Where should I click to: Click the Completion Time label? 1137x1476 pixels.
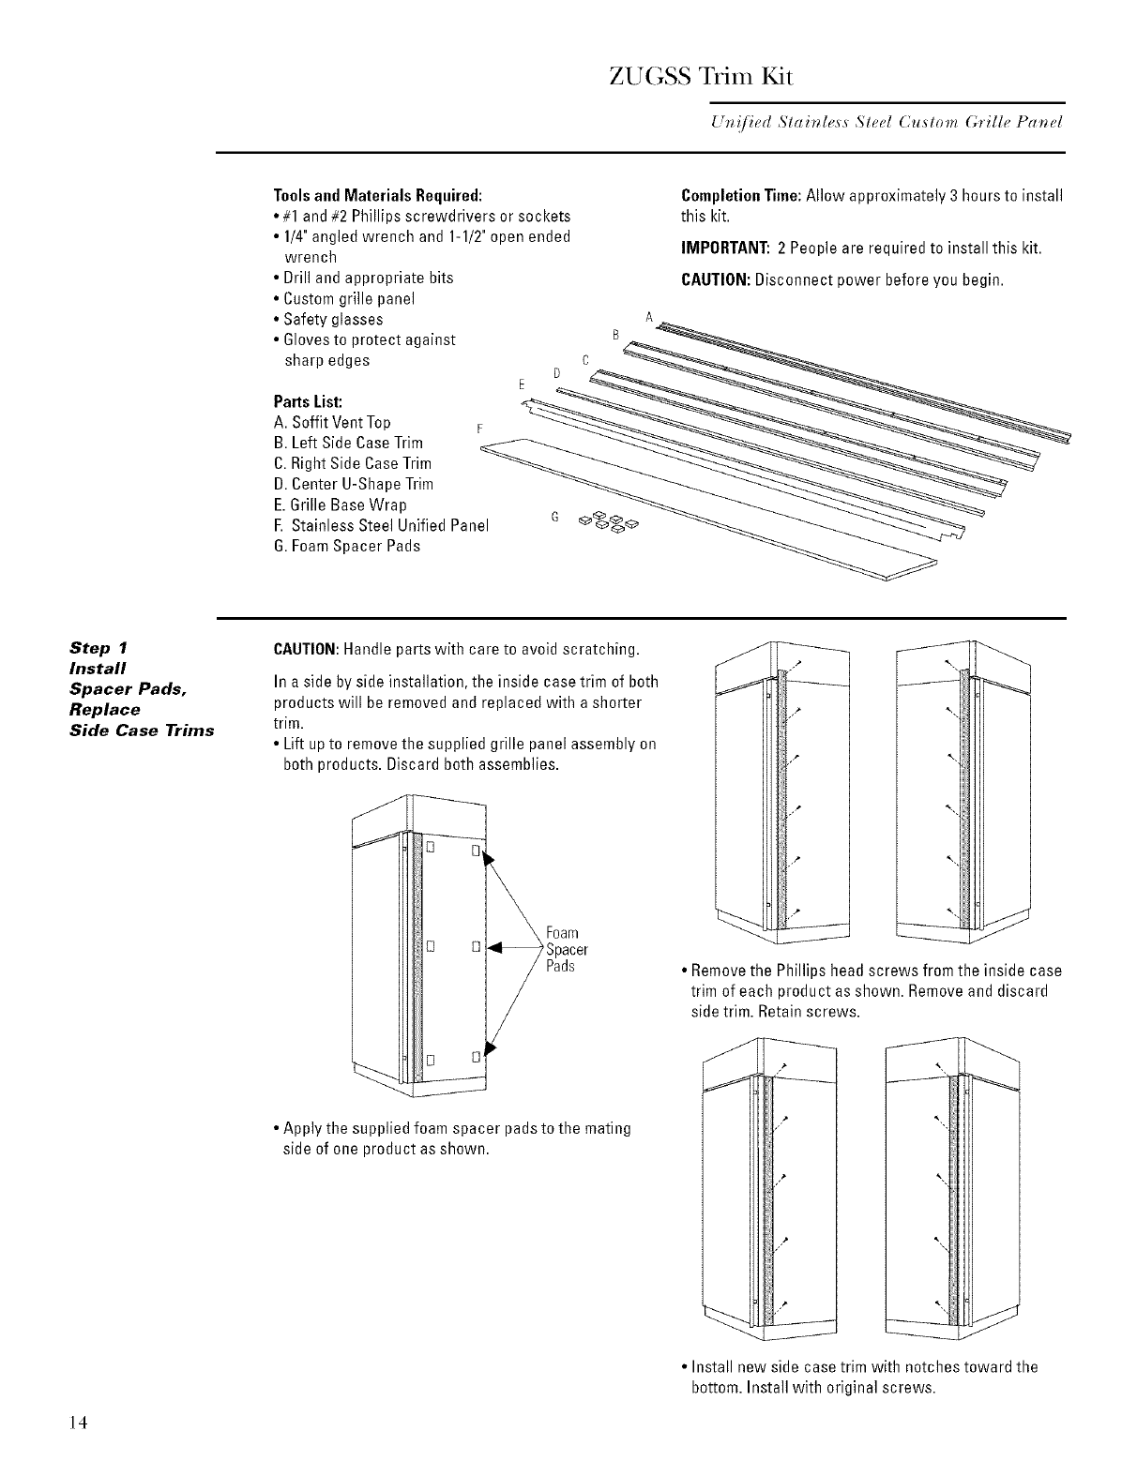pyautogui.click(x=739, y=196)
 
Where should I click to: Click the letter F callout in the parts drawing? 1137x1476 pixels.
pyautogui.click(x=478, y=429)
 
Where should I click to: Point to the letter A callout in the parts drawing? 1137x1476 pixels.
pyautogui.click(x=648, y=316)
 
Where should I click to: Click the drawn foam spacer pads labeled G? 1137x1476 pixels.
pyautogui.click(x=608, y=521)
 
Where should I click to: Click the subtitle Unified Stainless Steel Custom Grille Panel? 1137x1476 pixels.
pyautogui.click(x=877, y=124)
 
